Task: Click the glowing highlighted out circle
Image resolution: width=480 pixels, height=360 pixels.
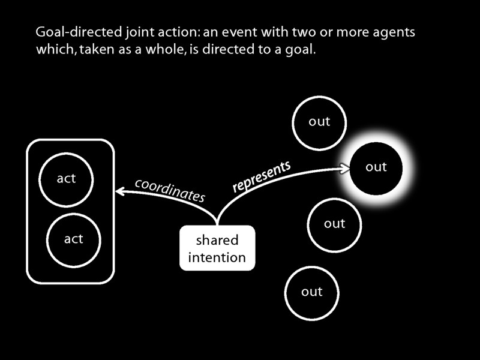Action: point(376,167)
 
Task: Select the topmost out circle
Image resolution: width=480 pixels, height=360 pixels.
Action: point(319,122)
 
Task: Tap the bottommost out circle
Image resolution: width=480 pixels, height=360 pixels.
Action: point(312,292)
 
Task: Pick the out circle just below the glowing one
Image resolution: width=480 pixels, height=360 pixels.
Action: point(334,224)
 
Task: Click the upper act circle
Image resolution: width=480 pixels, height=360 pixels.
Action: point(66,179)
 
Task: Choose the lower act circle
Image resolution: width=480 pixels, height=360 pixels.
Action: point(73,239)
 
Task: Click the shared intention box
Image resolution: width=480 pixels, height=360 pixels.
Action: point(217,249)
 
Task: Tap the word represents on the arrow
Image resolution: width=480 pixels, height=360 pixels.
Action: point(262,176)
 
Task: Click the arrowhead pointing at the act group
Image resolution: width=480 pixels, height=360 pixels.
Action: point(119,191)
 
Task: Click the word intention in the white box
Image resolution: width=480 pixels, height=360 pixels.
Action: point(217,258)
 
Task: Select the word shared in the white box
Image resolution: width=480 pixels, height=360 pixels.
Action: point(217,241)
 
